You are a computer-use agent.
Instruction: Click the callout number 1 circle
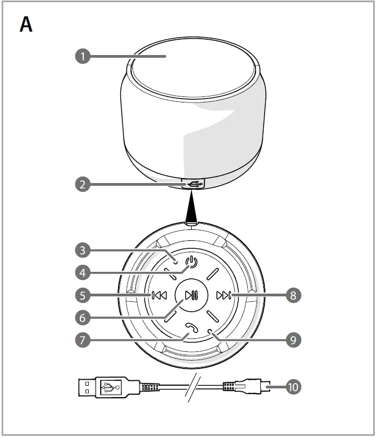tap(82, 56)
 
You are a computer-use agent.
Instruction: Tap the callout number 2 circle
tap(82, 184)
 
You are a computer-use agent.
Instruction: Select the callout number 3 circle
tap(82, 251)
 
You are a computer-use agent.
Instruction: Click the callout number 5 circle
tap(82, 296)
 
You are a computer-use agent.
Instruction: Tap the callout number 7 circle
tap(82, 340)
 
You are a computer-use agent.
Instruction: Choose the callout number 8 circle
tap(292, 296)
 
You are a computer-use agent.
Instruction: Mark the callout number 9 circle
tap(292, 340)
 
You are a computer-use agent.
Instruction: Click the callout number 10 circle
tap(292, 387)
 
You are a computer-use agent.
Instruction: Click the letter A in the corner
tap(26, 25)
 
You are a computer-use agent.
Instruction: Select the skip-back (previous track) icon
tap(159, 296)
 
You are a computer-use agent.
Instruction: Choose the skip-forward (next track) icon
tap(223, 296)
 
